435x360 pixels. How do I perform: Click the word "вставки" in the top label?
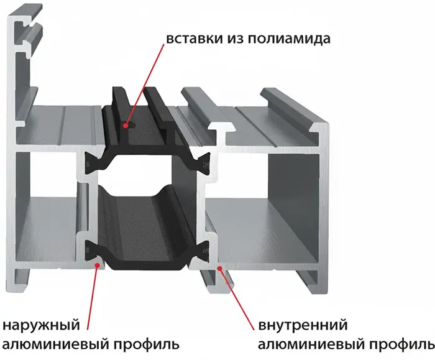[195, 39]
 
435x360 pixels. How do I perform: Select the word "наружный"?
[41, 325]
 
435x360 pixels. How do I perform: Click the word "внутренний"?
[303, 325]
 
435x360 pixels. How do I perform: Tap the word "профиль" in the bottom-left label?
[146, 345]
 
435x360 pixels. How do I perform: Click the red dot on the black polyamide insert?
[126, 126]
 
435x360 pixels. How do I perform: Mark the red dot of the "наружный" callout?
[98, 265]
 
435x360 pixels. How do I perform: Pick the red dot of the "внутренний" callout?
[219, 268]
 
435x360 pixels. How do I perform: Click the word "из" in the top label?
[236, 39]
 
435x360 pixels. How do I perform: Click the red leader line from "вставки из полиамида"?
[145, 85]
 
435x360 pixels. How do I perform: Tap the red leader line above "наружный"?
[93, 298]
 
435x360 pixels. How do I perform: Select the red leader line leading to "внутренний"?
[237, 299]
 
